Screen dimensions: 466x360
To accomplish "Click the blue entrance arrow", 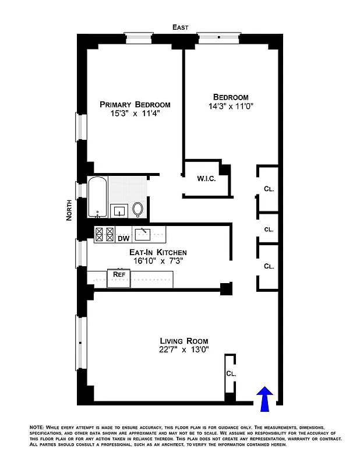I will coord(264,400).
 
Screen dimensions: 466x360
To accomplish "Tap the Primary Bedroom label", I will coord(135,105).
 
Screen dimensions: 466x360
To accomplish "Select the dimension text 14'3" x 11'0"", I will coord(231,107).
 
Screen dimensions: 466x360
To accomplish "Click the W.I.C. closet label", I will coord(206,179).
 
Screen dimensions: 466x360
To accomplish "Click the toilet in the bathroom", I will coord(138,209).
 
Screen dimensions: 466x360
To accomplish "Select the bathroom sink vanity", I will coord(119,210).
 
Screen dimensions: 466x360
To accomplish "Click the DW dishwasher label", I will coord(123,238).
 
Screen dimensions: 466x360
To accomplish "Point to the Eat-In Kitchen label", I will coord(158,252).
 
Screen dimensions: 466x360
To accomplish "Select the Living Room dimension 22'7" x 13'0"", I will coord(184,350).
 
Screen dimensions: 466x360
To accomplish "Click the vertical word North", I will coord(69,210).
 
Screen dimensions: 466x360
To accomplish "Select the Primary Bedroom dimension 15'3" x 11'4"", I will coord(135,114).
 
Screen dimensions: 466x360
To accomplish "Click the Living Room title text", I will coord(184,341).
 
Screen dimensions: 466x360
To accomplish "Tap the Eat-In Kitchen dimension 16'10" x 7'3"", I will coord(158,262).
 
